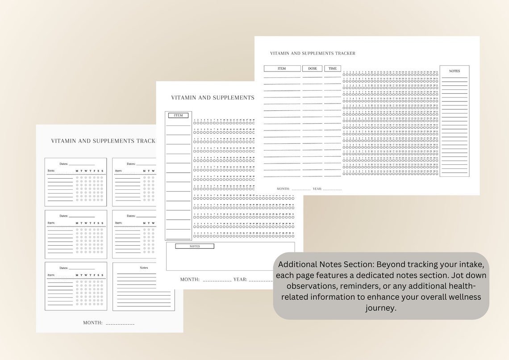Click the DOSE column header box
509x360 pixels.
click(x=312, y=69)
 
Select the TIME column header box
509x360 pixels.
click(x=333, y=69)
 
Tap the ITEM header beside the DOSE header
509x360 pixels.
click(x=282, y=69)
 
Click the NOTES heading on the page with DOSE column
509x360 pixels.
click(x=454, y=71)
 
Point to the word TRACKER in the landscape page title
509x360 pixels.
click(x=345, y=53)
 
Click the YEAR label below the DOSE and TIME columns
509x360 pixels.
click(x=317, y=189)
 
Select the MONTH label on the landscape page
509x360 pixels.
click(x=283, y=189)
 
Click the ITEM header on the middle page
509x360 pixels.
click(x=178, y=115)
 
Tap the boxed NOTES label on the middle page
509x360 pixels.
click(x=195, y=246)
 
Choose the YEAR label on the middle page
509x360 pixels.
click(x=240, y=280)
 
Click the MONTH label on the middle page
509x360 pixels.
click(x=190, y=280)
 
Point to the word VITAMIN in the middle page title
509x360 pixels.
click(x=184, y=98)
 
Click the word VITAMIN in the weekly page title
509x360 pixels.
click(x=64, y=141)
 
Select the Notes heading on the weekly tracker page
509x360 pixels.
click(x=144, y=268)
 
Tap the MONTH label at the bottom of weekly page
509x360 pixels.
click(x=92, y=323)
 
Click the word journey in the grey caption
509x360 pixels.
click(x=381, y=308)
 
